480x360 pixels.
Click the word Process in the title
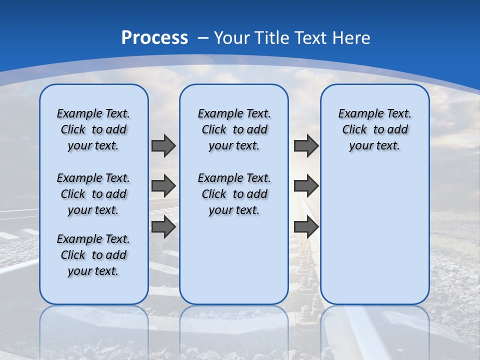pos(154,38)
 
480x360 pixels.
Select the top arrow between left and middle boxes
pos(163,145)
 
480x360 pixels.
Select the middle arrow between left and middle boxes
pos(163,186)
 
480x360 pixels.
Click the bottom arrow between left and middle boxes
pos(163,227)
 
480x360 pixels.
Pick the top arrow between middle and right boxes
pos(306,145)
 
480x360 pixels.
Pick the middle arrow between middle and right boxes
pos(306,186)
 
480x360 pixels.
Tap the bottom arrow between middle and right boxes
pos(306,227)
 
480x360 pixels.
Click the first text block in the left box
pos(93,129)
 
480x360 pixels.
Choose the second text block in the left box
pos(93,194)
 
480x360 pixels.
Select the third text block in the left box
pos(93,255)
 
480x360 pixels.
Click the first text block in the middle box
pos(234,129)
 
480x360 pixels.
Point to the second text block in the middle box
pos(234,194)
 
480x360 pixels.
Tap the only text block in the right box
pos(374,129)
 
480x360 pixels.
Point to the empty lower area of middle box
pos(234,260)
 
